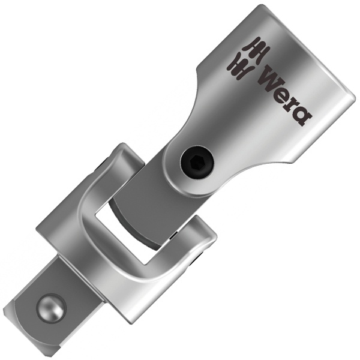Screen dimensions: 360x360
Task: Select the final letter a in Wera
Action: pyautogui.click(x=301, y=116)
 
